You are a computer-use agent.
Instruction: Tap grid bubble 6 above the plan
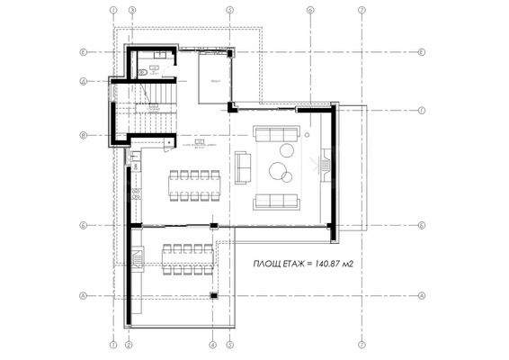tap(308, 11)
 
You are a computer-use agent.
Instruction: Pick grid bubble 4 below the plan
tap(212, 344)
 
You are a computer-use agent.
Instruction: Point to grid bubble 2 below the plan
tap(129, 344)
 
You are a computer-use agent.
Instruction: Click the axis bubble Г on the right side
tap(421, 111)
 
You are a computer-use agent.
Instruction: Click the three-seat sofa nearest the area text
tap(275, 200)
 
